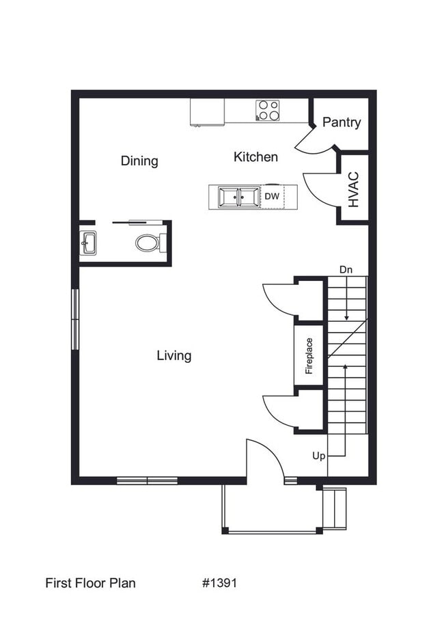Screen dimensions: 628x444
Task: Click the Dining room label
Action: [139, 161]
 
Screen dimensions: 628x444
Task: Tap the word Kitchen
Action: [255, 157]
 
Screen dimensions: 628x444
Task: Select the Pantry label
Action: [342, 122]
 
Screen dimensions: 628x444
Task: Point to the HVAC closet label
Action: [353, 189]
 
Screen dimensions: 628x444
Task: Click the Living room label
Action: [174, 355]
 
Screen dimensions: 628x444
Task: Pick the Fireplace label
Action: [309, 355]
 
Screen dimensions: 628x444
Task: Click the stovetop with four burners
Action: [268, 110]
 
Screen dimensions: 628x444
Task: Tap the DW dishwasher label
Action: [272, 197]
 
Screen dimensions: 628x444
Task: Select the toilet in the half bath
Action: [150, 243]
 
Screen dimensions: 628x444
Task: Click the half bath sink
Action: [88, 243]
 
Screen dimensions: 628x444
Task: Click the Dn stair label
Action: [346, 269]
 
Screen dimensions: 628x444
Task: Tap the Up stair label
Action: [319, 456]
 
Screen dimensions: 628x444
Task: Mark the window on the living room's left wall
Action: [75, 320]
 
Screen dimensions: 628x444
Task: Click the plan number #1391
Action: [220, 583]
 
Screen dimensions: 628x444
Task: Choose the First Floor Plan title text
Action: [90, 583]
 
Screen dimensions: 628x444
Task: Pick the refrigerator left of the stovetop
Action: [207, 112]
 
